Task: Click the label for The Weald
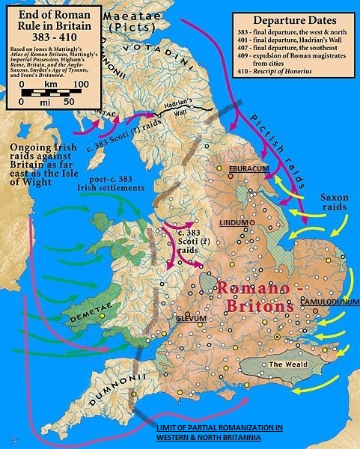click(x=284, y=364)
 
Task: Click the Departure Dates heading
click(x=293, y=21)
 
